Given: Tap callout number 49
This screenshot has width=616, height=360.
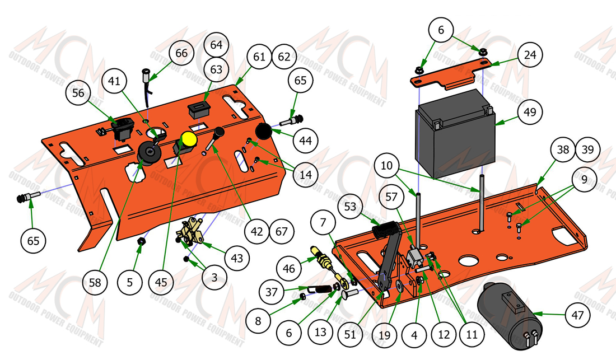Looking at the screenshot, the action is click(530, 112).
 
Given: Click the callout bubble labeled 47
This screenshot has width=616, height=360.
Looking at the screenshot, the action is click(577, 315).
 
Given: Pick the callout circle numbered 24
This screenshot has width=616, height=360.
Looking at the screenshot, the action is click(530, 54).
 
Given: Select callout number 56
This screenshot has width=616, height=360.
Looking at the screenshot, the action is click(78, 92).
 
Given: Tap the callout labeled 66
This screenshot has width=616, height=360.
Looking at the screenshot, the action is click(181, 53).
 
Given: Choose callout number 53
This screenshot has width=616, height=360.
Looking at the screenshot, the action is click(350, 207).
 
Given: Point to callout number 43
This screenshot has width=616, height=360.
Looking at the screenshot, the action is click(237, 258).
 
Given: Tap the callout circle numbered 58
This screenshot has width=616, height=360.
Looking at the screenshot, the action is click(95, 282).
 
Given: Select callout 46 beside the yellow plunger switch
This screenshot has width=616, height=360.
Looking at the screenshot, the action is click(289, 269).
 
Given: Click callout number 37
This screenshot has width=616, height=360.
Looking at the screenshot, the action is click(272, 292).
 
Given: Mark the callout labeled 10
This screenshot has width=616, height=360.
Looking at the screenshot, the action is click(386, 165).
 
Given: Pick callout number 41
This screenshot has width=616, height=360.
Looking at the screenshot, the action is click(114, 81).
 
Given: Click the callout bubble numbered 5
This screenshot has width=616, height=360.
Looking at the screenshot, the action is click(130, 282).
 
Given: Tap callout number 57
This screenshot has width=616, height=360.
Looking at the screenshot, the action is click(391, 197).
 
